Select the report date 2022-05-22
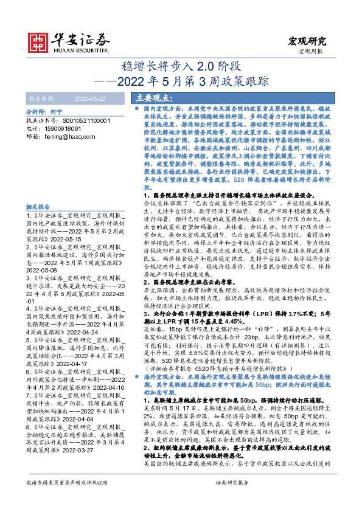(89, 97)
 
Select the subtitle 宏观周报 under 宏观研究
(312, 52)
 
